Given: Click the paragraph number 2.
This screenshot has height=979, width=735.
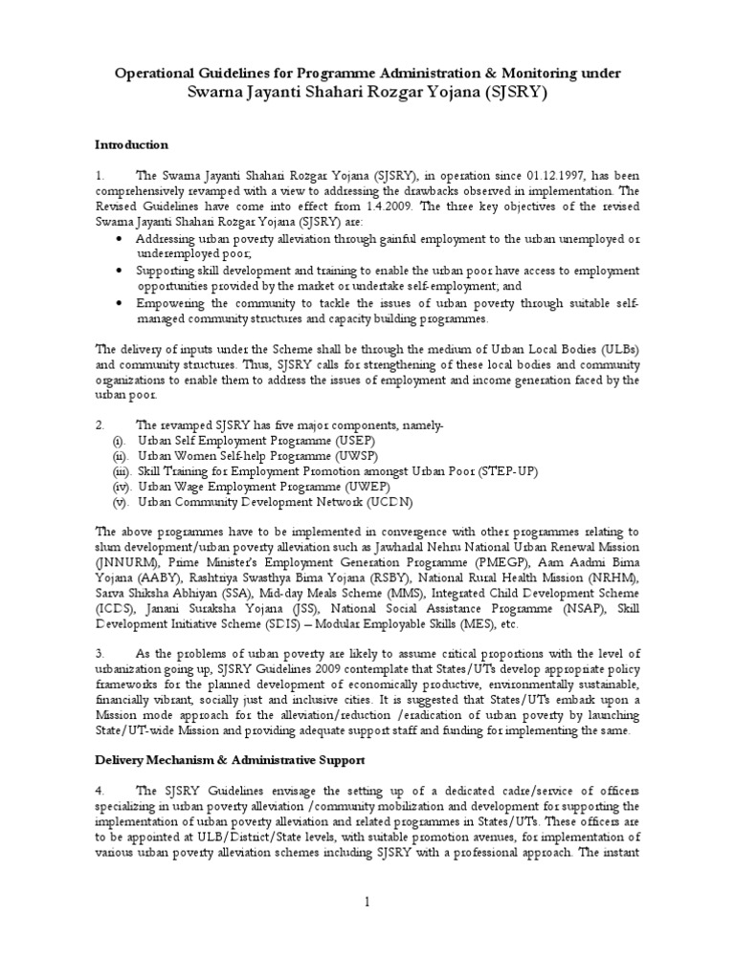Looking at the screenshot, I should (x=99, y=424).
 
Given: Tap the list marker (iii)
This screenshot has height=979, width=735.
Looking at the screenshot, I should (x=122, y=471).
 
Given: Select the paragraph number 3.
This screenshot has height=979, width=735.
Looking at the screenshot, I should (x=99, y=654).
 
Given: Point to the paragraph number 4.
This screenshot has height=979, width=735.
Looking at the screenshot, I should (x=99, y=791).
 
